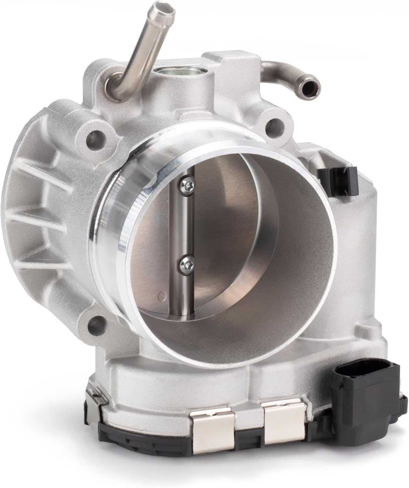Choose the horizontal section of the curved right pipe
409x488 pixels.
[x=286, y=66]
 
